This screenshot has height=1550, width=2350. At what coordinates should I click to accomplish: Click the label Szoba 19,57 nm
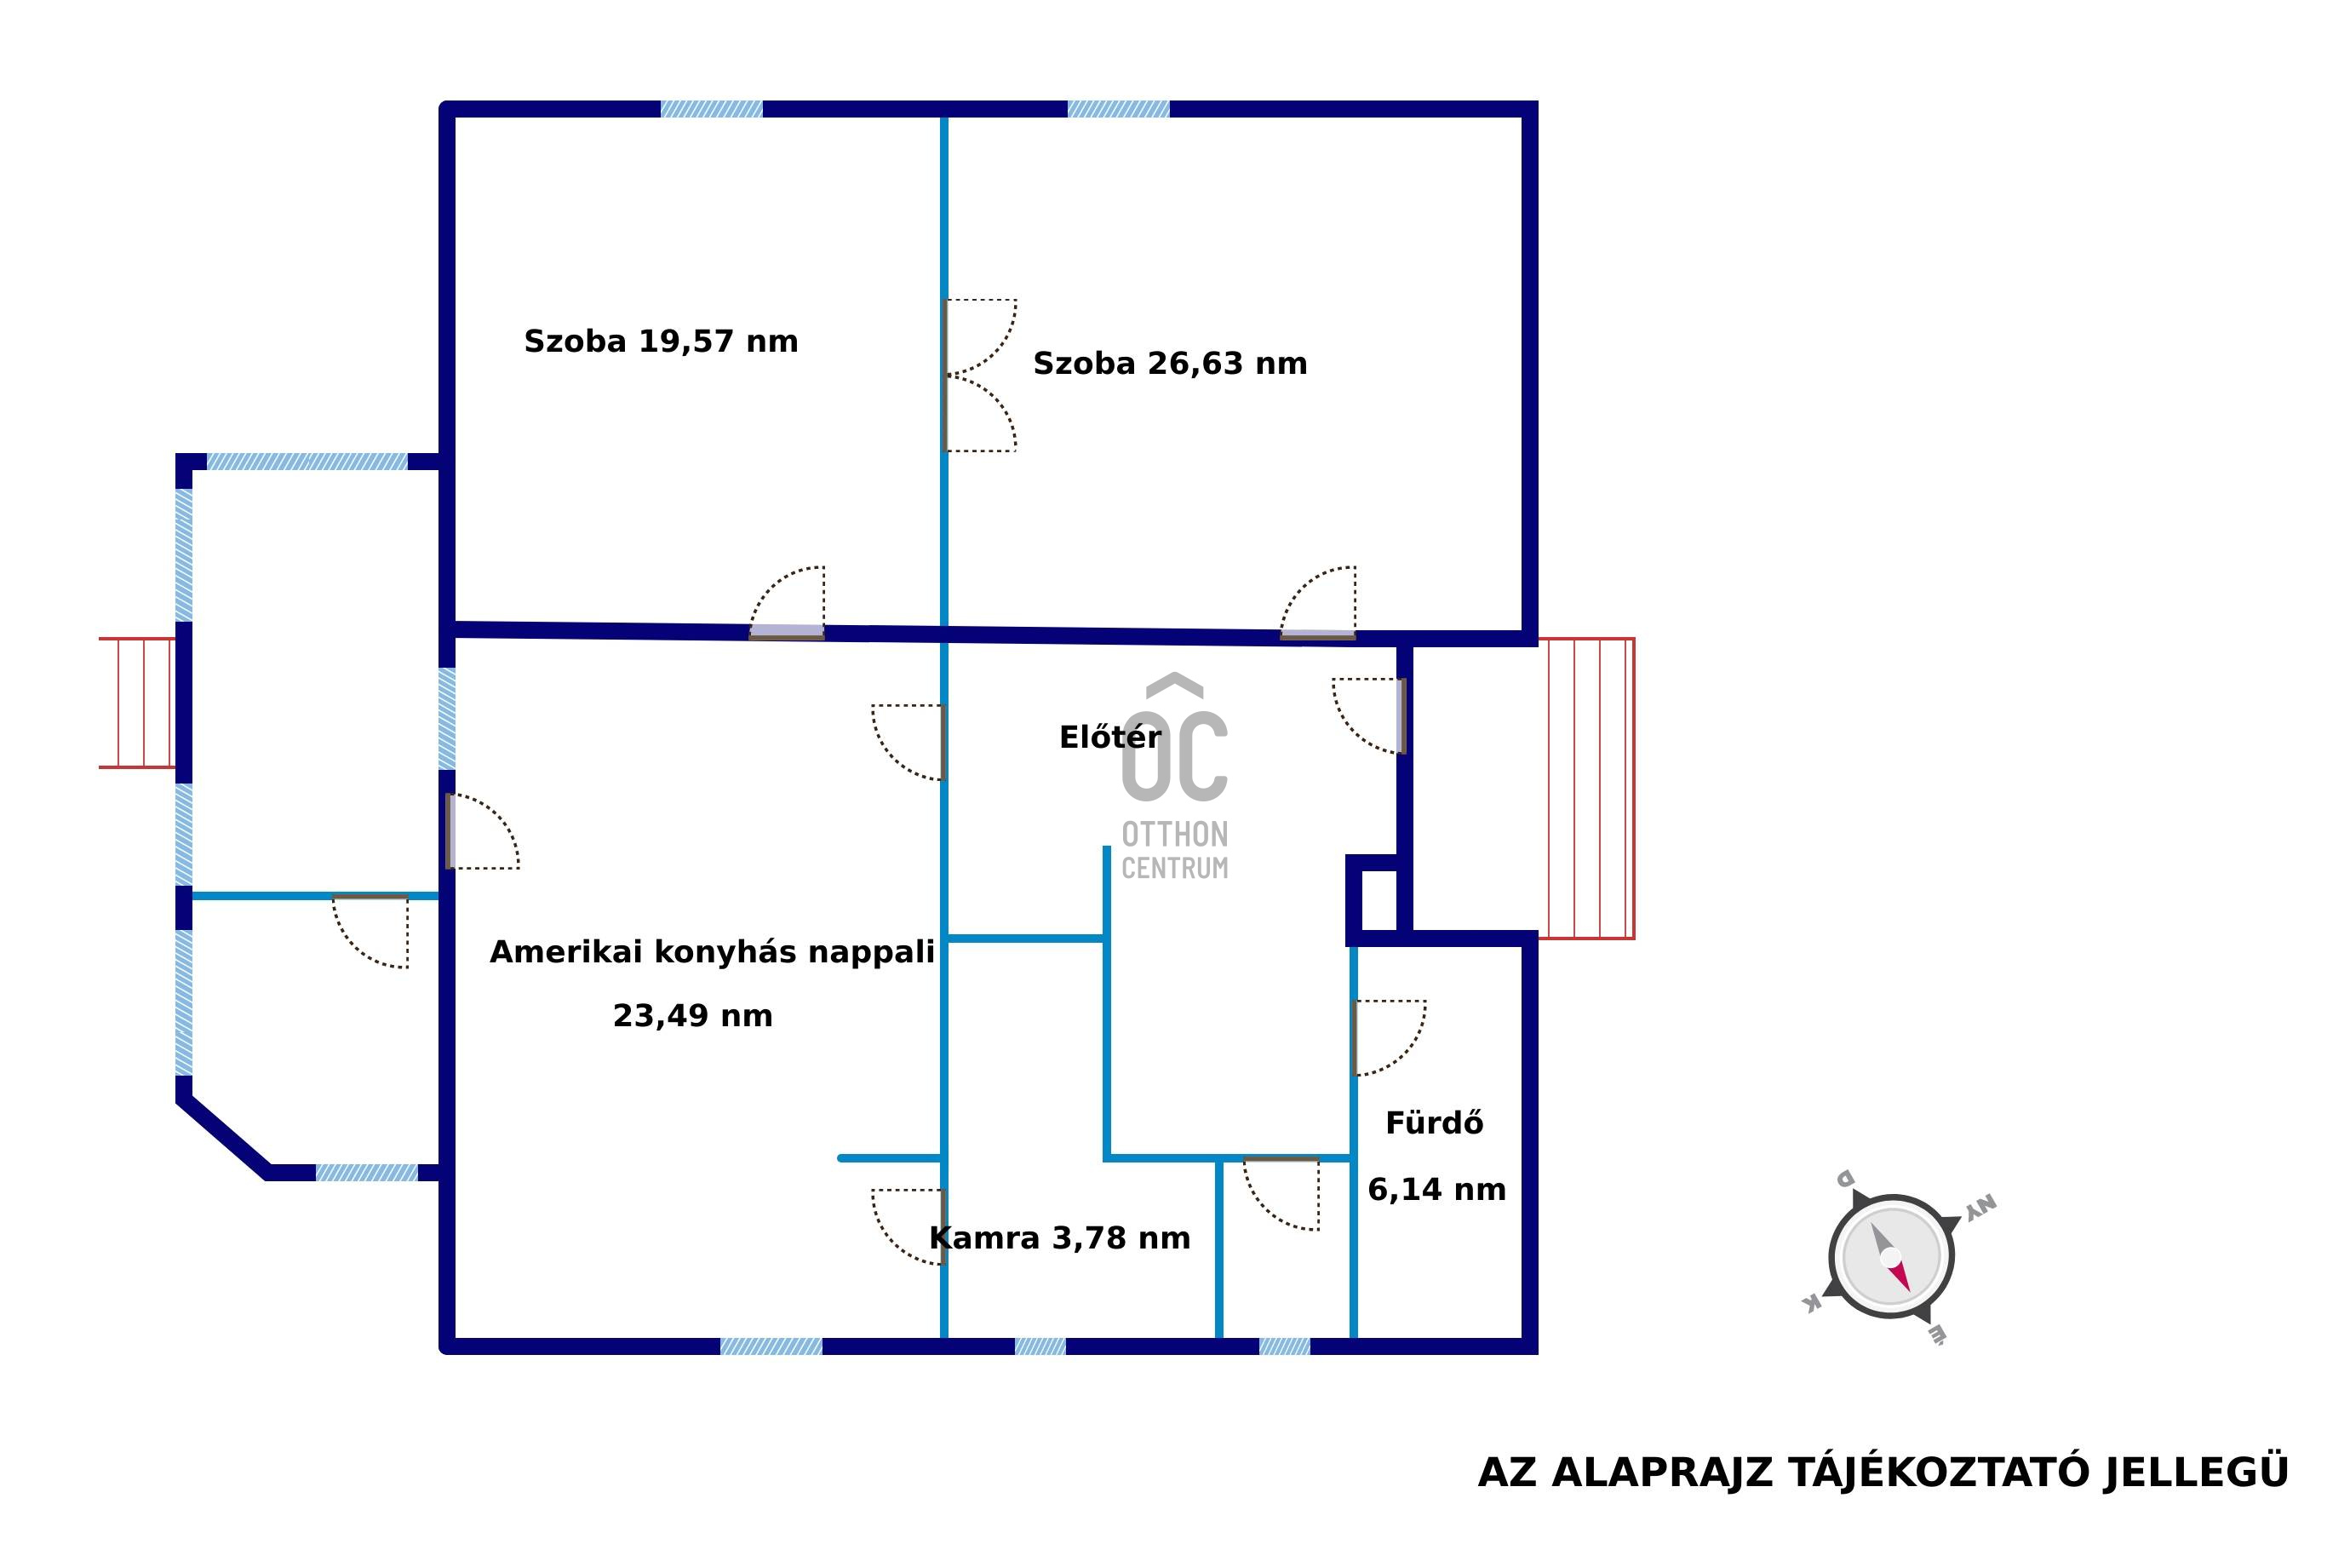click(x=660, y=341)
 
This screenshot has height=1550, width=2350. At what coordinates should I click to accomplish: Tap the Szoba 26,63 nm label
click(x=1170, y=363)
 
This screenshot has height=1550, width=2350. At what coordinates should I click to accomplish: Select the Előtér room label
click(x=1109, y=737)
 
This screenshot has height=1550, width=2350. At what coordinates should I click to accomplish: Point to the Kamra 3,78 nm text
click(x=1059, y=1237)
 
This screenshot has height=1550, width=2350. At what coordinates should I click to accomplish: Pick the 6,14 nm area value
click(x=1437, y=1189)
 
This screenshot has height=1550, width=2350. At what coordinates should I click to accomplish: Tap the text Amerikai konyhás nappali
click(x=712, y=952)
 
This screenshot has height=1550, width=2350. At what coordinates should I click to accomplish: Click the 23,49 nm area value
click(x=693, y=1015)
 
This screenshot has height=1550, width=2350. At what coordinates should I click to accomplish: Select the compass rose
click(x=1890, y=1256)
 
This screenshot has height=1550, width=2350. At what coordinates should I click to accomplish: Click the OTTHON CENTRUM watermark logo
click(x=1175, y=777)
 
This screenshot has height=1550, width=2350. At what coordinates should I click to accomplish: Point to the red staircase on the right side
click(x=1586, y=788)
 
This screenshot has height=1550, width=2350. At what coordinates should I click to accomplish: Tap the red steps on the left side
click(x=137, y=703)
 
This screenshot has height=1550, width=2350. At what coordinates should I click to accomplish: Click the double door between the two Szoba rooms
click(x=980, y=376)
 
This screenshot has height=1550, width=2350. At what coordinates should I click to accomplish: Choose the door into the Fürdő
click(x=1389, y=1038)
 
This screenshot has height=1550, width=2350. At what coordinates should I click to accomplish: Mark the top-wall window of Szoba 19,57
click(x=712, y=109)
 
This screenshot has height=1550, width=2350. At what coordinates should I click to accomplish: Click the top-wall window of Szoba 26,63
click(x=1119, y=109)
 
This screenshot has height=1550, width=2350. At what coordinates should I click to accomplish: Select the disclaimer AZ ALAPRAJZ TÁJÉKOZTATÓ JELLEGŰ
click(x=1883, y=1472)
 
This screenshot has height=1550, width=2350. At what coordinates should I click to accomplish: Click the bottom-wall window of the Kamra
click(x=1040, y=1346)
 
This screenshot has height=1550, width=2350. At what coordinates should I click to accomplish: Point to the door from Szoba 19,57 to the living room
click(x=787, y=603)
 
